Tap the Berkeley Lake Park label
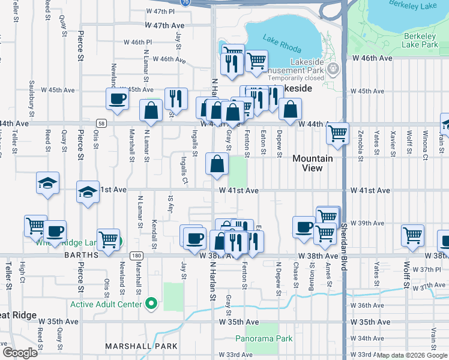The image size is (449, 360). [419, 40]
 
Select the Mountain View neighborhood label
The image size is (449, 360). [312, 163]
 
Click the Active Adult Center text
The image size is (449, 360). [106, 304]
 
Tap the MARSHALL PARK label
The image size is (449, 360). [141, 346]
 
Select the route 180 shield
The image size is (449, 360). [137, 256]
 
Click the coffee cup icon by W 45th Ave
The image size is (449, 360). [118, 99]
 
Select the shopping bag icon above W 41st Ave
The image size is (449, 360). [217, 163]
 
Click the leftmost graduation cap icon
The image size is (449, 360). [48, 182]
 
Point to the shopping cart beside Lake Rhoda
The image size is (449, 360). [256, 61]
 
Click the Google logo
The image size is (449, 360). [19, 353]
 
